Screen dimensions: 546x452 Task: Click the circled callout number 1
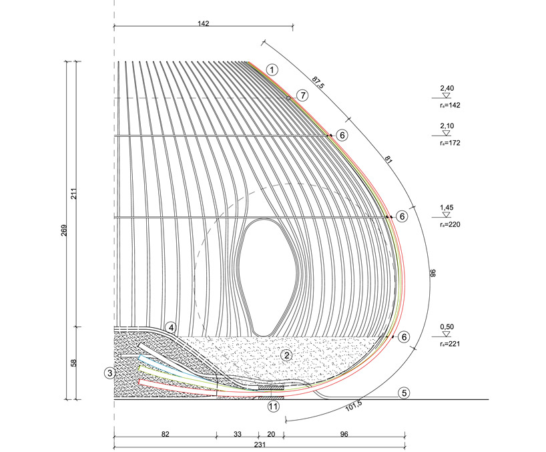[272, 70]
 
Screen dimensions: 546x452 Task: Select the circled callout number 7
[302, 95]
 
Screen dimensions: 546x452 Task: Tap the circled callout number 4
[171, 328]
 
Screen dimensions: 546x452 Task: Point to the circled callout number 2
[287, 356]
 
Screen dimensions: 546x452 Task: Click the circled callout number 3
[110, 373]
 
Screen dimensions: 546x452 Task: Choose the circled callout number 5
[404, 393]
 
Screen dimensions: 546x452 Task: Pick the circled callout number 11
[274, 407]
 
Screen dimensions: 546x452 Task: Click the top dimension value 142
[204, 23]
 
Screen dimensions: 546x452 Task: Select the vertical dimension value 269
[63, 230]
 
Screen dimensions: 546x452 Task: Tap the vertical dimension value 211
[74, 194]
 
